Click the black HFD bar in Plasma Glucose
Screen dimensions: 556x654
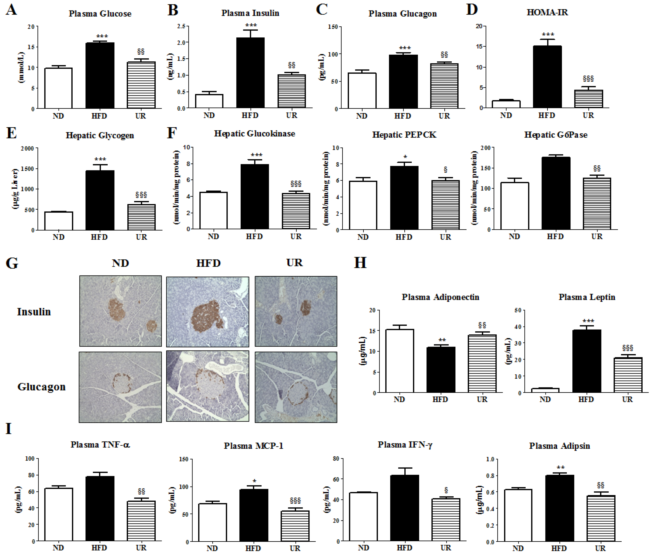coord(100,76)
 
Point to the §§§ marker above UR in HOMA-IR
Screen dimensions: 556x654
coord(588,78)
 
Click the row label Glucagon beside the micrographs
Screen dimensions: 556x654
coord(41,387)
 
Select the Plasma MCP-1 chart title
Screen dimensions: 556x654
coord(253,446)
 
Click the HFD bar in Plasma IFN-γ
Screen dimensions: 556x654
coord(404,508)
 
